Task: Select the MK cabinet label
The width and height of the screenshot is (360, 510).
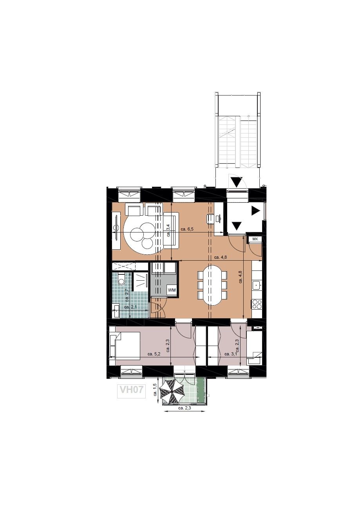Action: coord(255,239)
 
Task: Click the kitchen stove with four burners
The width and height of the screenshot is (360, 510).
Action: coord(257,304)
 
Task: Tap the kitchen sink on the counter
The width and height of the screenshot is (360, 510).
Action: coord(257,285)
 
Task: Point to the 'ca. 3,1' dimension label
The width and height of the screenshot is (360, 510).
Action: coord(231,354)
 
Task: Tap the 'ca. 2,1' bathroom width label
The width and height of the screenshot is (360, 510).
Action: coord(130,307)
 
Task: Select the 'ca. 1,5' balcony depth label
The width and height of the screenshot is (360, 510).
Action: coord(155,389)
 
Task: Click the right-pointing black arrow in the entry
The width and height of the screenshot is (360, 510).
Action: coord(256,211)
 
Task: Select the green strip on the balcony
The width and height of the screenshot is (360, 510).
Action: coord(200,390)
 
